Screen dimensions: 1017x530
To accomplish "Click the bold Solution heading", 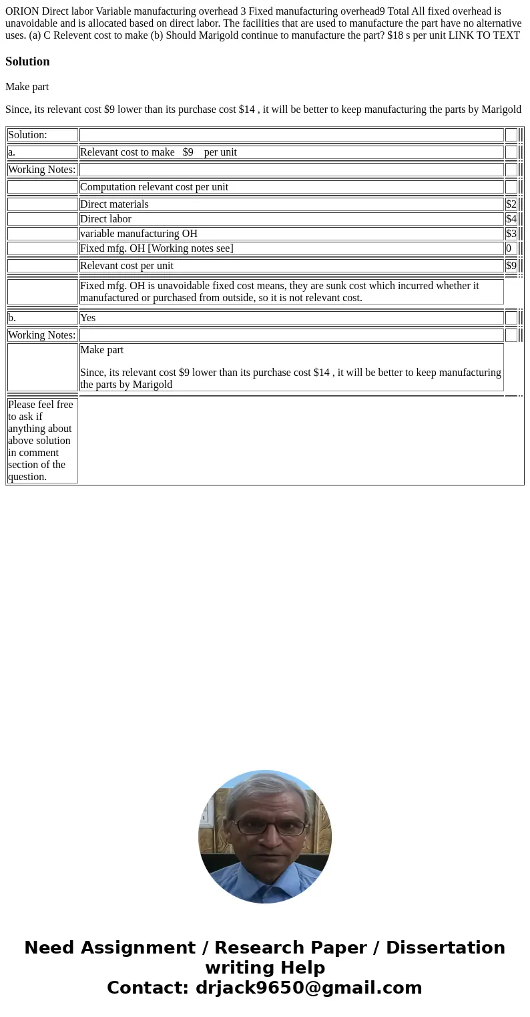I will click(27, 61).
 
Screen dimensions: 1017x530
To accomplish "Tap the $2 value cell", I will click(511, 204).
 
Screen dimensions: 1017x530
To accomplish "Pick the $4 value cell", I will click(511, 219).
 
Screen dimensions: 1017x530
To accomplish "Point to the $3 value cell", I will click(511, 234).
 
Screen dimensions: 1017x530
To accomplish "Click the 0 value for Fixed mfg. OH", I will click(509, 248).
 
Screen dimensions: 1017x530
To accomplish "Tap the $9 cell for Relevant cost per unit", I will click(511, 266).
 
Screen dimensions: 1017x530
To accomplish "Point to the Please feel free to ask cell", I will click(41, 440).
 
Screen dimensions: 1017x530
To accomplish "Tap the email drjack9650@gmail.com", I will click(308, 988).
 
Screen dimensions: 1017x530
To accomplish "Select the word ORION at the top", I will click(22, 11).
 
